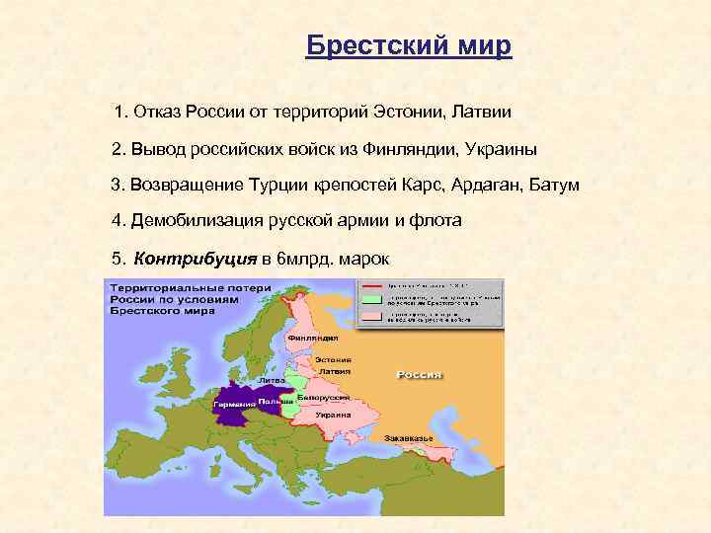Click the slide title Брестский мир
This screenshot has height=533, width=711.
[409, 45]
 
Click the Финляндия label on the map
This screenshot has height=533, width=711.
[306, 337]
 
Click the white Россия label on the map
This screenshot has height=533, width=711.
[419, 375]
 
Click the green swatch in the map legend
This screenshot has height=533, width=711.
[371, 296]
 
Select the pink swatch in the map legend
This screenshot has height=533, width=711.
[371, 316]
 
